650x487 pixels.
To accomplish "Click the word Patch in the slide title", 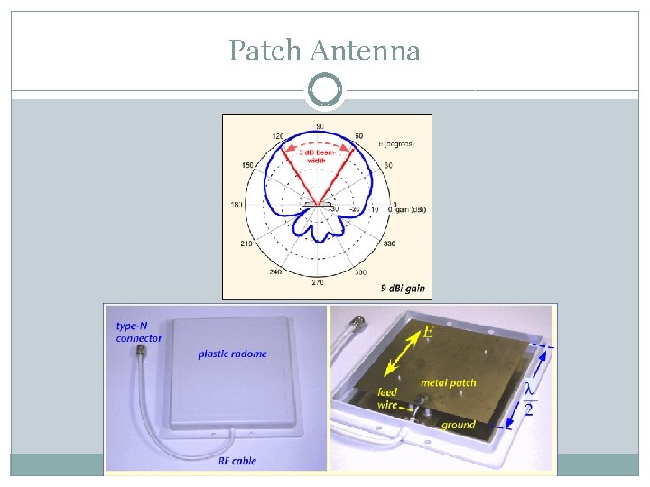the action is point(265,51).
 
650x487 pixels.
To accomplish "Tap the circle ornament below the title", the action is point(325,91).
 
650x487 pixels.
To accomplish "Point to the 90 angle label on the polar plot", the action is point(320,125).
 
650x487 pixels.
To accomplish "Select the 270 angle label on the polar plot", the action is point(319,282).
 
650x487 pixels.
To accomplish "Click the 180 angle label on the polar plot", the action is point(237,205).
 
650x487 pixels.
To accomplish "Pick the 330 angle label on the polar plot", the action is point(389,243).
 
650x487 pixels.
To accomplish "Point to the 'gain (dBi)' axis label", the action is point(411,209).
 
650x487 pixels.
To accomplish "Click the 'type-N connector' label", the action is point(139,332).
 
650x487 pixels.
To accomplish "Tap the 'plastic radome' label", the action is point(233,354).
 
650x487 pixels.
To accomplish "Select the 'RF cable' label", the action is point(237,461).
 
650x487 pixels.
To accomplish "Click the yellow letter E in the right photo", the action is point(428,333).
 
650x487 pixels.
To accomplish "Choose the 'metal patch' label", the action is point(449,384).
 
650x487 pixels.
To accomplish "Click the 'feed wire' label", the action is point(387,399).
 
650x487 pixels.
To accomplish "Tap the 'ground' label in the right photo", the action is point(459,424).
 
